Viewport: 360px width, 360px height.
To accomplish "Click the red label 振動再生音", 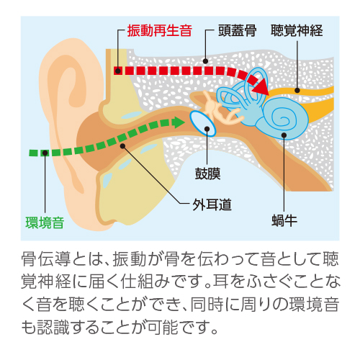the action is tap(160, 31).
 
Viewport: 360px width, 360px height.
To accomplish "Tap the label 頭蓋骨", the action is tap(238, 31).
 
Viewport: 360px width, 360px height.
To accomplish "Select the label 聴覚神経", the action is tap(297, 31).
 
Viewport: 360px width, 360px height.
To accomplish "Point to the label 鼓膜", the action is tap(207, 174).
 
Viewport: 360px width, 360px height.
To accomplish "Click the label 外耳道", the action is tap(212, 204).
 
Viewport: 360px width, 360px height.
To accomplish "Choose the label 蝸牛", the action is tap(284, 220).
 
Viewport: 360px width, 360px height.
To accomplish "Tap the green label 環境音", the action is tap(45, 222).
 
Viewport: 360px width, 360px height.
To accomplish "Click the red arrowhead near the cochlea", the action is tap(261, 85).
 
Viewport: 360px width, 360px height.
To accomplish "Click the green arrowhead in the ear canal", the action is tap(179, 122).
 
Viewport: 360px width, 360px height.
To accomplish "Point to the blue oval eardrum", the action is tap(203, 124).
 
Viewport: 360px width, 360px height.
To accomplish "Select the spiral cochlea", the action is tap(282, 118).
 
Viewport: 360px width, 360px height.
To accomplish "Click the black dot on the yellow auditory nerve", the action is tap(297, 90).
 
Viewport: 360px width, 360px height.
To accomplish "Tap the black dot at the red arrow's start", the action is tap(117, 71).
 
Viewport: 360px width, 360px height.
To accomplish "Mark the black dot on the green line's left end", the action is tap(45, 153).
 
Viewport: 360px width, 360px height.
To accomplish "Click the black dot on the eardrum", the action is tap(207, 129).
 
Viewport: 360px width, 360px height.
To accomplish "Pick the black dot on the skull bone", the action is tap(205, 61).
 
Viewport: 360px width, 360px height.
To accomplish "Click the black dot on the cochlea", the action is tap(284, 135).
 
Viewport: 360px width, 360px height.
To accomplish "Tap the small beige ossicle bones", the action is tap(220, 109).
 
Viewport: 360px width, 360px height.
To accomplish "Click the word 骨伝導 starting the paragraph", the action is tap(45, 259).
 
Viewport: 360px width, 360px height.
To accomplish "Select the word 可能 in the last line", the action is tap(163, 327).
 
